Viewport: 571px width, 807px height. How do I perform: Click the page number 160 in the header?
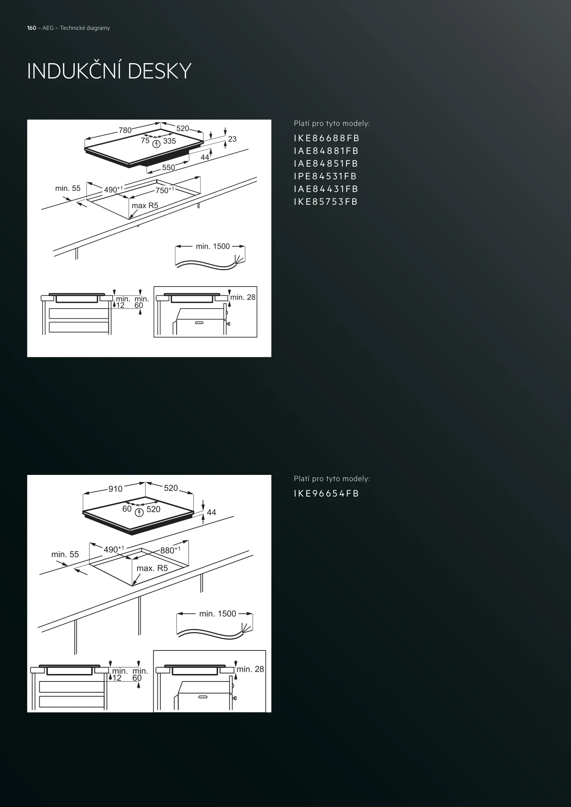[x=31, y=28]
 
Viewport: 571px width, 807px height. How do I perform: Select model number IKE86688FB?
[x=326, y=138]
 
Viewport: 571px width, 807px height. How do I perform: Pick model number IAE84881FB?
[x=326, y=151]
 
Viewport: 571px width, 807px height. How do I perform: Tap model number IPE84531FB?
[x=325, y=176]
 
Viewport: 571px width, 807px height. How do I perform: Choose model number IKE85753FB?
[x=326, y=202]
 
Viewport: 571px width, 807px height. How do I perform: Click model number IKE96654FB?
[x=326, y=494]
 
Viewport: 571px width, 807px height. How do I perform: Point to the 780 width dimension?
[x=125, y=130]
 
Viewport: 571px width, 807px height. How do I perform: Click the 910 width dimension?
[x=115, y=489]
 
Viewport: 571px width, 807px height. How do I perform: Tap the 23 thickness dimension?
[x=232, y=139]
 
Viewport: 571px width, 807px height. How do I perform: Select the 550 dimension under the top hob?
[x=168, y=167]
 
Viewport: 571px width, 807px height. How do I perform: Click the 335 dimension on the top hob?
[x=169, y=141]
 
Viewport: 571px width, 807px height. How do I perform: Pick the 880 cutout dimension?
[x=170, y=550]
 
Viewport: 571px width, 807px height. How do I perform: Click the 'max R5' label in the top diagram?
[x=145, y=205]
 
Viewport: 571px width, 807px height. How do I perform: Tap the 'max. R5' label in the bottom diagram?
[x=152, y=568]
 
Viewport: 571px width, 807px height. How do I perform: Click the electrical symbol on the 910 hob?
[x=139, y=513]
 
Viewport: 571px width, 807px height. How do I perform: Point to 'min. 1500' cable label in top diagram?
[x=213, y=246]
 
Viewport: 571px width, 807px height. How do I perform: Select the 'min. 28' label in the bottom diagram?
[x=250, y=669]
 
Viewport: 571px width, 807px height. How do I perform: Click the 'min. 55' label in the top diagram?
[x=68, y=188]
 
